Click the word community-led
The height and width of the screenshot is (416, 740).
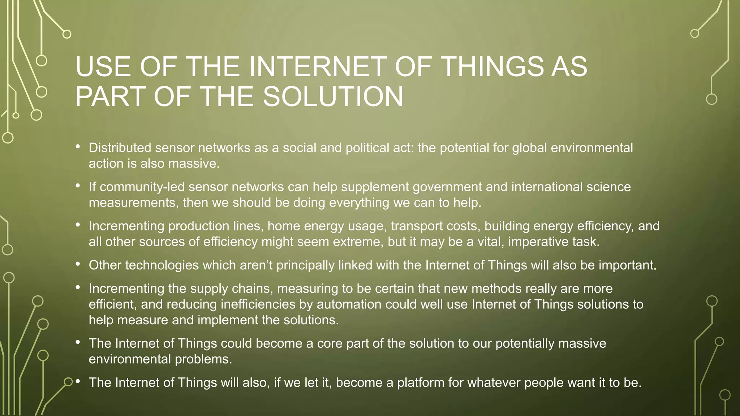(142, 187)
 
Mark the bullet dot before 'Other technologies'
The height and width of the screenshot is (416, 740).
(78, 264)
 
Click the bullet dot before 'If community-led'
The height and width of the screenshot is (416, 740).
(78, 186)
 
